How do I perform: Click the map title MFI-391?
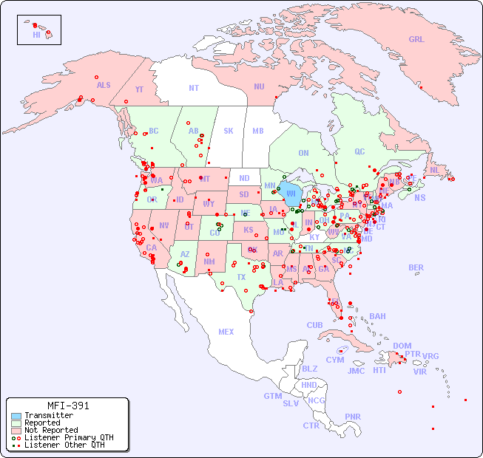pos(68,406)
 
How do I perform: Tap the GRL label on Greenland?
pos(416,40)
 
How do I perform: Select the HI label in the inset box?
pos(36,35)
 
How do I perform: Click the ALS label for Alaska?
pos(104,85)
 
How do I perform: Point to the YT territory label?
pos(139,89)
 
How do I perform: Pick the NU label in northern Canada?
pos(259,86)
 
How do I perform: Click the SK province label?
pos(229,131)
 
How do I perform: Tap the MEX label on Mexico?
pos(226,332)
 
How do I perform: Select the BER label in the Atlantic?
pos(416,267)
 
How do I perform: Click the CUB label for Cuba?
pos(314,325)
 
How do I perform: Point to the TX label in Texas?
pos(241,278)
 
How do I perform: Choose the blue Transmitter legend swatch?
pos(16,416)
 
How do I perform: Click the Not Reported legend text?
pos(51,430)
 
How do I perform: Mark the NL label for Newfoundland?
pos(435,169)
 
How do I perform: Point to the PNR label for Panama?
pos(353,417)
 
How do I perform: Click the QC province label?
pos(359,151)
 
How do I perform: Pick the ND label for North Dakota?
pos(244,178)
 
